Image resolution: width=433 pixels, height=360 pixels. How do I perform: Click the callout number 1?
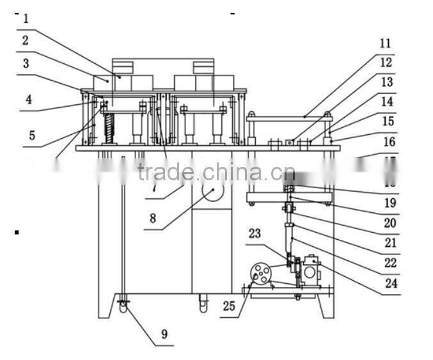click(x=26, y=19)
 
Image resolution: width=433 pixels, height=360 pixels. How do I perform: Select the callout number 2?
click(x=25, y=40)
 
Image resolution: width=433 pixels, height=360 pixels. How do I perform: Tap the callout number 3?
click(x=25, y=63)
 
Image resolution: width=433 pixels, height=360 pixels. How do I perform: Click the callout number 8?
click(x=153, y=217)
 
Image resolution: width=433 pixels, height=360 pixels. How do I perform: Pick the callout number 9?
click(x=164, y=333)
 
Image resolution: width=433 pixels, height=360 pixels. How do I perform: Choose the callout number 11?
click(x=384, y=43)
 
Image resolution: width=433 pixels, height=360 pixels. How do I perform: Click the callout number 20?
click(x=390, y=223)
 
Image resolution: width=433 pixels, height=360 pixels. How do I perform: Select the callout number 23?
click(x=255, y=234)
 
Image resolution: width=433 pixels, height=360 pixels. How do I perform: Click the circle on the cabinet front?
click(x=212, y=191)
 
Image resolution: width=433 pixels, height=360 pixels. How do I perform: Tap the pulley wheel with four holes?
click(x=260, y=274)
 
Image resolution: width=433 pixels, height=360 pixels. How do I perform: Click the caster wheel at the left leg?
click(x=122, y=306)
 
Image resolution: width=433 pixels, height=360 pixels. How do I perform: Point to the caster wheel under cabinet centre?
click(x=203, y=305)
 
